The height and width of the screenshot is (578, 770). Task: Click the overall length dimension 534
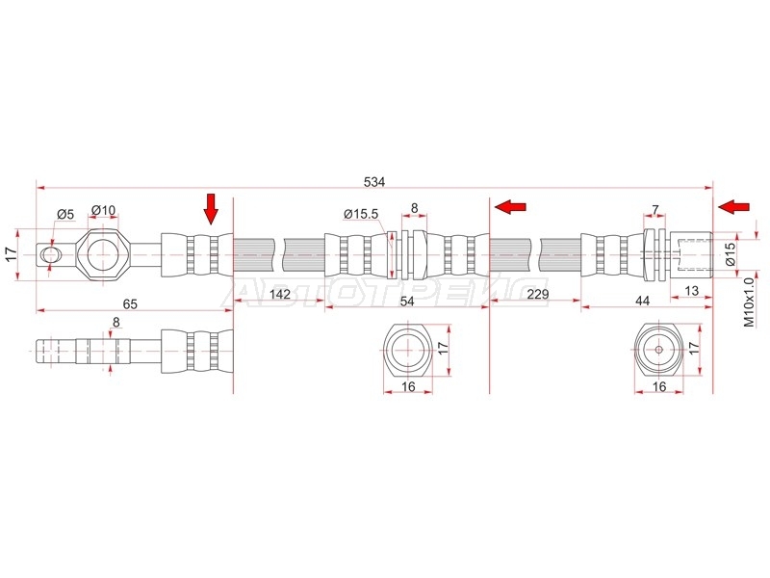point(374,182)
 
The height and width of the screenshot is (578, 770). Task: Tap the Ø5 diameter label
point(64,214)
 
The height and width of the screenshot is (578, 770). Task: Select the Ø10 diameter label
point(104,210)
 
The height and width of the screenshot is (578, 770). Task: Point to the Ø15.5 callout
point(361,214)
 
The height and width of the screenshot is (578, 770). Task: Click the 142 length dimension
point(280,295)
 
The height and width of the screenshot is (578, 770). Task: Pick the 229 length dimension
point(537,295)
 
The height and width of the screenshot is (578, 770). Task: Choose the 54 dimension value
point(407,301)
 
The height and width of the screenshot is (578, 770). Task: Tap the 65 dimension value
point(130,304)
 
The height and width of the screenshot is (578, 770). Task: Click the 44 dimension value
point(642,301)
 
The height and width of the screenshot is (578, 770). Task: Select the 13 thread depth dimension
point(691,291)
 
